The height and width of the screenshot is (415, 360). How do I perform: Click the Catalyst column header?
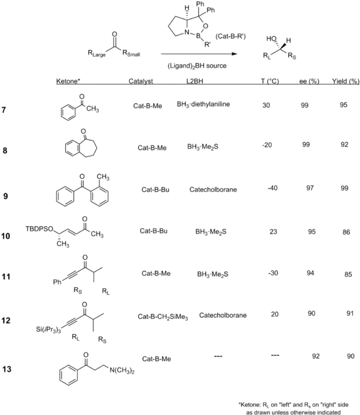pyautogui.click(x=141, y=81)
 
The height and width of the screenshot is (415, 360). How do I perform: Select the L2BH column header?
pyautogui.click(x=195, y=81)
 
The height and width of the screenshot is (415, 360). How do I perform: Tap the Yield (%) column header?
pyautogui.click(x=346, y=81)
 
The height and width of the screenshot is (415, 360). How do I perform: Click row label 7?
pyautogui.click(x=4, y=110)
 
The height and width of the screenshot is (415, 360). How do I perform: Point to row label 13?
pyautogui.click(x=7, y=369)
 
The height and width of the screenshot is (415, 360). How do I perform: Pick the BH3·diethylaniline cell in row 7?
pyautogui.click(x=203, y=105)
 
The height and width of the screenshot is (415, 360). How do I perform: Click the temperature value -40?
pyautogui.click(x=272, y=188)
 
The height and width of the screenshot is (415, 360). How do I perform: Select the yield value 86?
pyautogui.click(x=346, y=232)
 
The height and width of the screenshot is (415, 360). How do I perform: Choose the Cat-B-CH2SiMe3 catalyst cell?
pyautogui.click(x=163, y=316)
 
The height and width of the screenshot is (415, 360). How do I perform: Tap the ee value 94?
pyautogui.click(x=310, y=273)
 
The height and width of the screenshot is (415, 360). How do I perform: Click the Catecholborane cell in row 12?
pyautogui.click(x=223, y=315)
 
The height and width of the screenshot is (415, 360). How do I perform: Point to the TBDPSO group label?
pyautogui.click(x=39, y=229)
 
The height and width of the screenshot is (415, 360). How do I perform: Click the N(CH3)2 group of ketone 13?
pyautogui.click(x=122, y=370)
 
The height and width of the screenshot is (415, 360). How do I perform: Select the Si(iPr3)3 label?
pyautogui.click(x=48, y=330)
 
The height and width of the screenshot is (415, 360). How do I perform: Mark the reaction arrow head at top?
pyautogui.click(x=234, y=54)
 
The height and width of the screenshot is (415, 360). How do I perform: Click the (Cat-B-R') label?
pyautogui.click(x=230, y=36)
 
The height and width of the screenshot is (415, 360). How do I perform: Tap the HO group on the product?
pyautogui.click(x=271, y=39)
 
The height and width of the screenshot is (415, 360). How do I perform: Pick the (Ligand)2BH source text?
pyautogui.click(x=197, y=66)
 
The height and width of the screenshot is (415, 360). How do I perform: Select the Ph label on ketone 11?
pyautogui.click(x=57, y=282)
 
